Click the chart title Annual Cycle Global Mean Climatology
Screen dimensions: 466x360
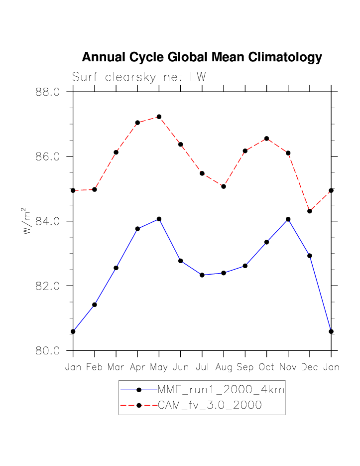(x=202, y=57)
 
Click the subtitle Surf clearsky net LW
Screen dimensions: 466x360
(x=139, y=77)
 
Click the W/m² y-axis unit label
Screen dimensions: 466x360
(x=26, y=221)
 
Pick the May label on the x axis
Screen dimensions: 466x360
(x=159, y=367)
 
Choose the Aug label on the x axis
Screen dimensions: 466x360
(x=224, y=367)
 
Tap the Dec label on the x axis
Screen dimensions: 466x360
(x=310, y=367)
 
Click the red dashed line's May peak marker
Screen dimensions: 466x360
(x=159, y=117)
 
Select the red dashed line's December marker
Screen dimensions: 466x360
(x=310, y=211)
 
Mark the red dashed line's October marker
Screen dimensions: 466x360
(x=266, y=139)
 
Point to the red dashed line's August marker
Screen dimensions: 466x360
(x=224, y=186)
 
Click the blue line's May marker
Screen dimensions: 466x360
(x=159, y=219)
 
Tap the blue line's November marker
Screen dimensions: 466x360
(x=288, y=219)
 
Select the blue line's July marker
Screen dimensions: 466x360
(x=202, y=275)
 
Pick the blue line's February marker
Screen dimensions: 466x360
(x=95, y=305)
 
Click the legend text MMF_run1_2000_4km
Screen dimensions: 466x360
(x=221, y=390)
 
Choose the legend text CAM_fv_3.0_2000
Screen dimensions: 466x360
(x=209, y=405)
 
